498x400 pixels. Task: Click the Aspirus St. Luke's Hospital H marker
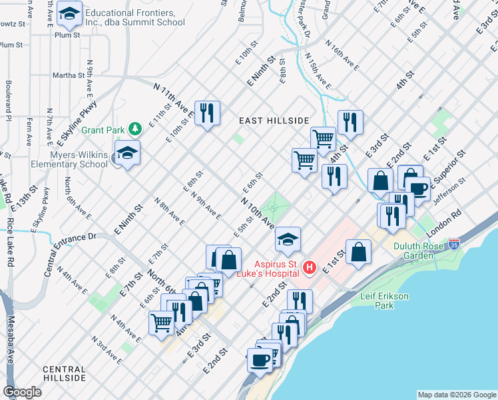tap(309, 268)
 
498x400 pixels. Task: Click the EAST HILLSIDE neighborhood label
tap(274, 120)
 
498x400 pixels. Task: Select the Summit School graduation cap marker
tap(69, 13)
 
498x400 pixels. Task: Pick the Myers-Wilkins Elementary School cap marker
tap(127, 153)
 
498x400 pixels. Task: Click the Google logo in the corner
tap(23, 392)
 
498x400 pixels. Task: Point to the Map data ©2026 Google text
tap(456, 395)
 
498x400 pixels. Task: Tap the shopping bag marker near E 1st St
tap(358, 252)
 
